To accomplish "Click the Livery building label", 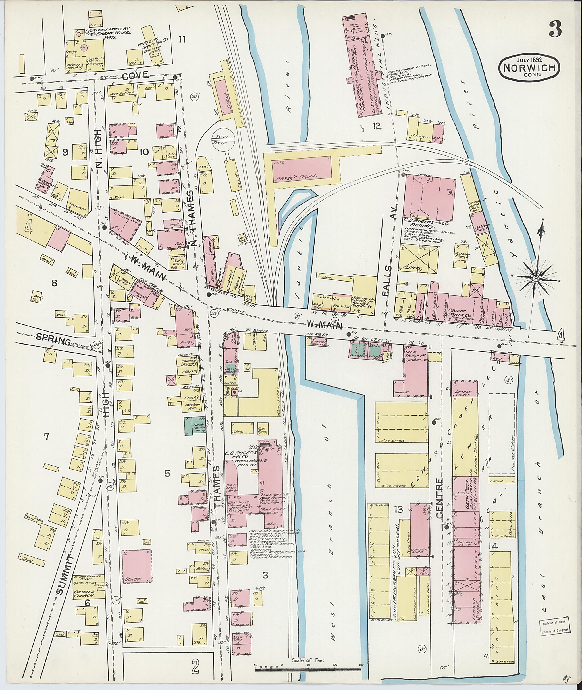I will pos(412,269).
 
